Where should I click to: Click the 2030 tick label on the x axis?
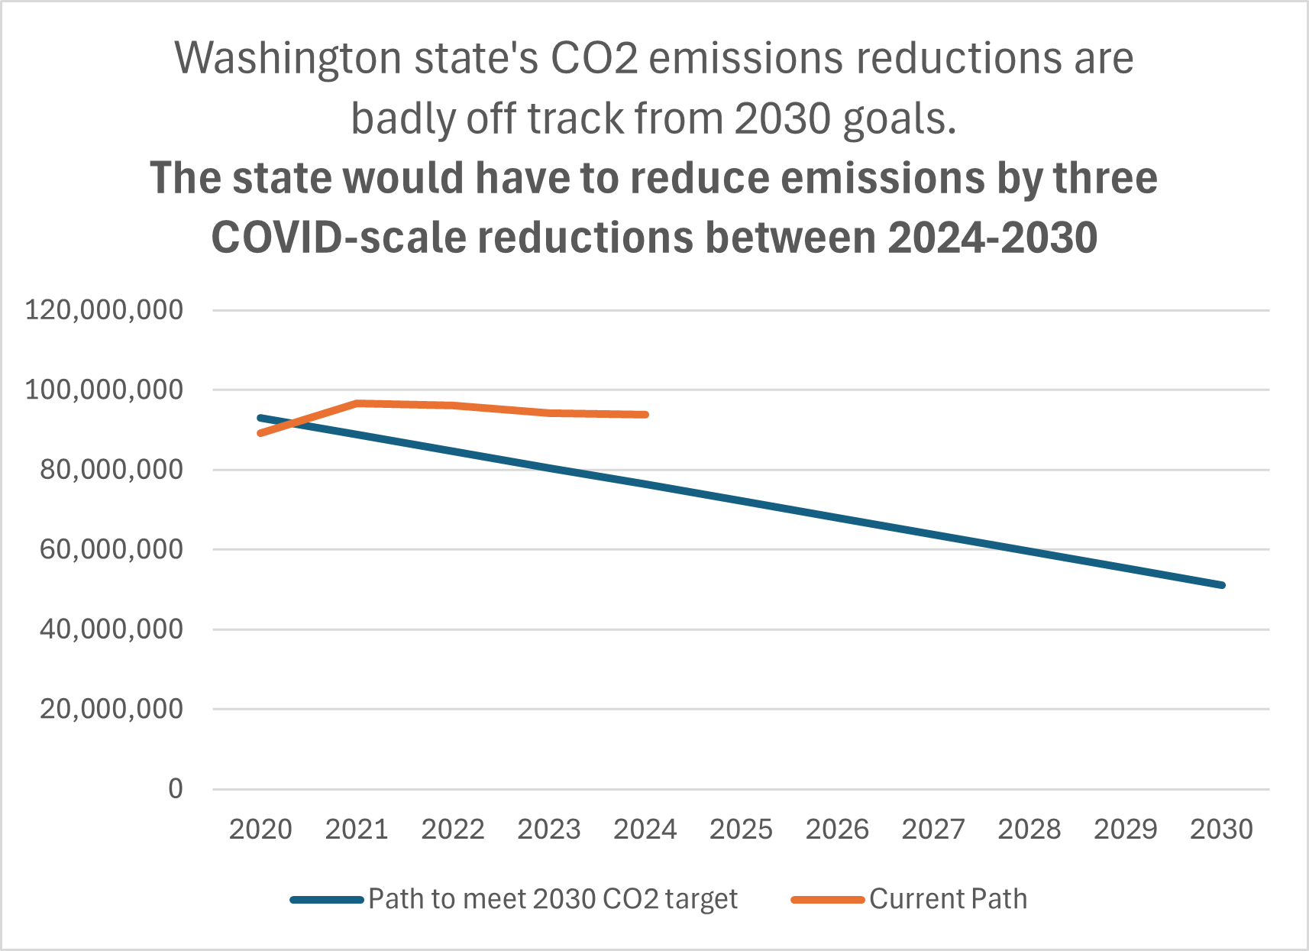click(1221, 829)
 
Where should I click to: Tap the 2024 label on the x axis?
click(645, 829)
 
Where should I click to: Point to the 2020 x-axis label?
click(260, 829)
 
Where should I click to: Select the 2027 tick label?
click(933, 829)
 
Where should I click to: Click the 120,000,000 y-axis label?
click(105, 310)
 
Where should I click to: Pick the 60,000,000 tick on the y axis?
click(112, 549)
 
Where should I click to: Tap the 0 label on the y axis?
click(176, 788)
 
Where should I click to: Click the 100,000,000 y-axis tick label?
click(105, 390)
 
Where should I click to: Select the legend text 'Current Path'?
click(948, 899)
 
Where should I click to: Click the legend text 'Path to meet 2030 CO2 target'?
click(553, 899)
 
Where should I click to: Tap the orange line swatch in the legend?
click(827, 900)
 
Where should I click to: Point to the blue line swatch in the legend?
click(326, 900)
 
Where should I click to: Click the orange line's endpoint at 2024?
click(646, 415)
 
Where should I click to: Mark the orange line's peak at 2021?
click(357, 403)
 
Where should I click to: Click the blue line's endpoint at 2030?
click(1222, 585)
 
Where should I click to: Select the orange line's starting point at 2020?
click(260, 433)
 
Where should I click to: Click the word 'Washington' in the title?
click(288, 60)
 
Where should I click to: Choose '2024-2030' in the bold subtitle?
click(992, 238)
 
